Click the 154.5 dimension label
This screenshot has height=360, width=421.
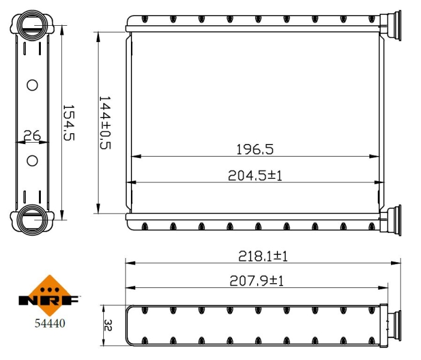pos(68,122)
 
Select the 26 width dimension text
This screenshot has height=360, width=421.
pos(32,136)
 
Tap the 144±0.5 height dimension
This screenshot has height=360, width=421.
pos(105,122)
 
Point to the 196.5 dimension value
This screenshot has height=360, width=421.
pos(255,149)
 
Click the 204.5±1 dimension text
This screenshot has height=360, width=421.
pos(255,176)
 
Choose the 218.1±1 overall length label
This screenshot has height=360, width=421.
pos(263,256)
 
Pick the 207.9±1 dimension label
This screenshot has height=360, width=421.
pos(256,281)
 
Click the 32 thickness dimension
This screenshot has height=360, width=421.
pos(108,325)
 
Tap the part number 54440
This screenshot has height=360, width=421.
pos(50,323)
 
